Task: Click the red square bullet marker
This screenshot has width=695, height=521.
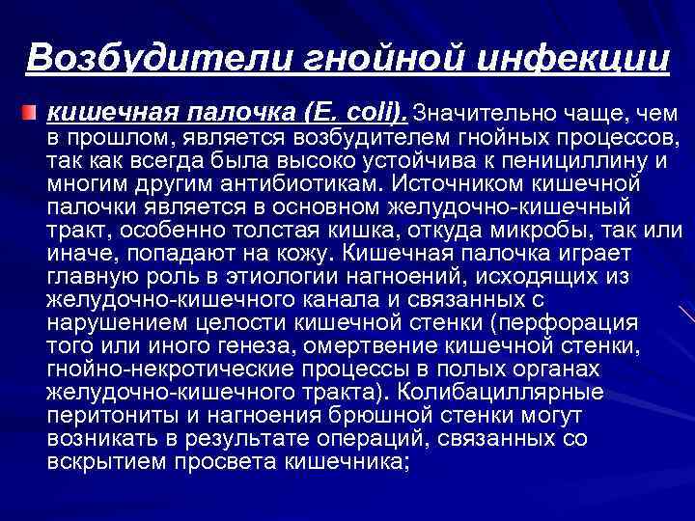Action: pos(35,114)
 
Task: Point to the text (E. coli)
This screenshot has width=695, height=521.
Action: pos(363,113)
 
